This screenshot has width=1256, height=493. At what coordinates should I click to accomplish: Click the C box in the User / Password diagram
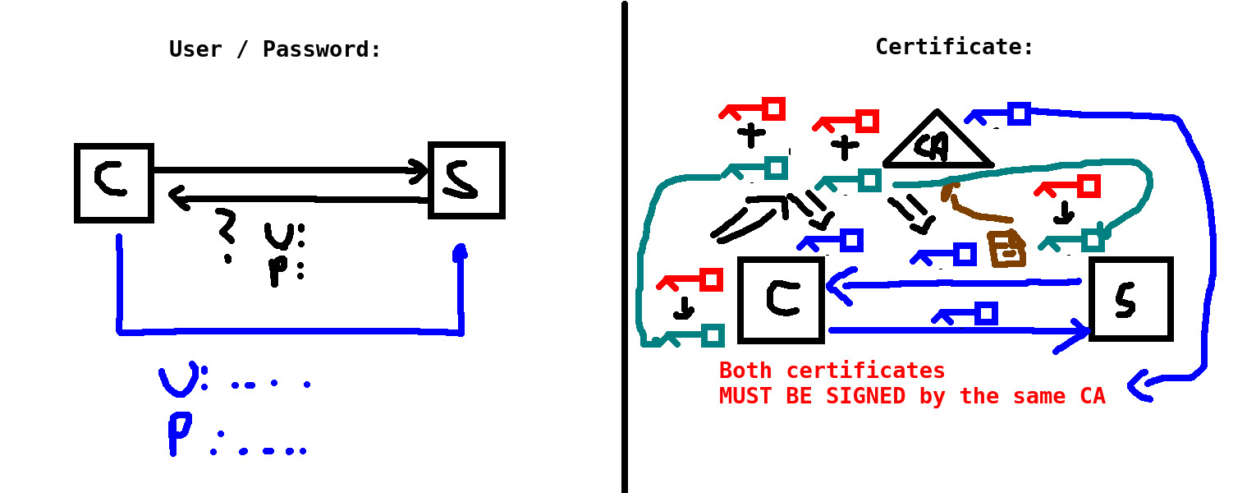tap(113, 182)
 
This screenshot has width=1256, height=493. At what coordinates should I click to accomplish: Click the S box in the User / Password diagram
tap(466, 180)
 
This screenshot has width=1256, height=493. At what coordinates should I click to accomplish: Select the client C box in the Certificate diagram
tap(781, 299)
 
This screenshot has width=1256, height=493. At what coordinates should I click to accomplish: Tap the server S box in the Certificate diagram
tap(1130, 298)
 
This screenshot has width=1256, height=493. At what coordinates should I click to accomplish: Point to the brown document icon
tap(1006, 249)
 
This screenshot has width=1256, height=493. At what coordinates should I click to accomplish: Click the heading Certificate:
tap(954, 47)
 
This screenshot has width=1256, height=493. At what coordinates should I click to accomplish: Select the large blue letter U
tap(178, 380)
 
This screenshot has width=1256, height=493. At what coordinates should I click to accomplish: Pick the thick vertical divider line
tap(625, 246)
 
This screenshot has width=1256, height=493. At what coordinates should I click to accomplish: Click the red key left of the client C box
tap(691, 281)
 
